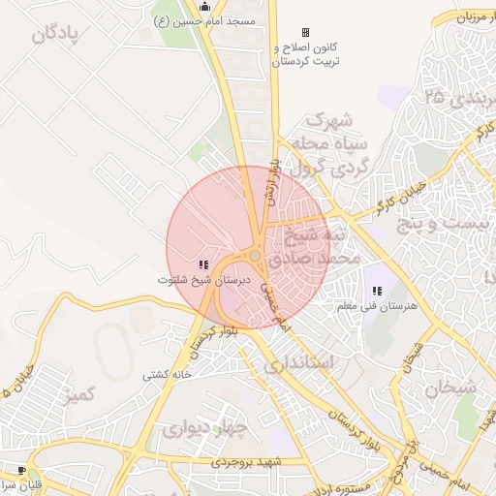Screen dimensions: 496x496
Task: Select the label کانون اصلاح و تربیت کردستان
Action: tap(303, 53)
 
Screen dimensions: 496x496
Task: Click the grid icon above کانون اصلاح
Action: tap(306, 32)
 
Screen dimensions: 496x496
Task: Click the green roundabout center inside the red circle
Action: tap(254, 256)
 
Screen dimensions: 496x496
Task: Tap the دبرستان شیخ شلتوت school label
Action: tap(204, 279)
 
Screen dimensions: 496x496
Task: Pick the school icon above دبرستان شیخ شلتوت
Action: tap(203, 264)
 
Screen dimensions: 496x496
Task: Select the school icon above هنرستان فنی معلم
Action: tap(377, 291)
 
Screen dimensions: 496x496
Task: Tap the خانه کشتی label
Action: tap(167, 374)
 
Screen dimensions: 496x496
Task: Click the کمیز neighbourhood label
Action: tap(76, 395)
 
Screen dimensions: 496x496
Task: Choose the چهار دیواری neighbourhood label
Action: tap(205, 426)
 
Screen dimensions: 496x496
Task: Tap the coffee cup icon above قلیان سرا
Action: tap(21, 470)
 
